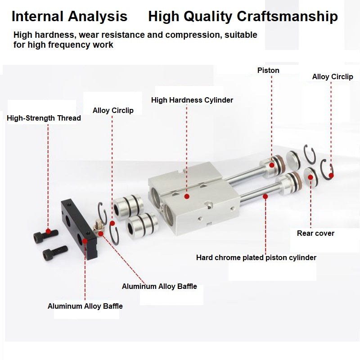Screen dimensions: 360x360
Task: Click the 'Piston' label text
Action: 268,70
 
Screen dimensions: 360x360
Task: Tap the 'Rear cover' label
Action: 315,233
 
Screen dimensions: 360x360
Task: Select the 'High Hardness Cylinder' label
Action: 192,100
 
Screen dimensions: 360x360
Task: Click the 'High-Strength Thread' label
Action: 44,118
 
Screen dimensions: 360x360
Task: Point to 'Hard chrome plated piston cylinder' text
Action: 256,257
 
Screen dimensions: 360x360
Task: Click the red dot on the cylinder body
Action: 187,196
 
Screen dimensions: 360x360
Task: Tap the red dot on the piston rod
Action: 265,197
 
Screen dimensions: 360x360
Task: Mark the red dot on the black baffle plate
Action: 85,241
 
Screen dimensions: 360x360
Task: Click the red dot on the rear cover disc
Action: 310,177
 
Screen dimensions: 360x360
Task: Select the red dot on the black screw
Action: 48,231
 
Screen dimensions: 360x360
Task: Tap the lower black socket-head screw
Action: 55,253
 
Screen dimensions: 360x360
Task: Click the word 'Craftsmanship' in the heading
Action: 287,17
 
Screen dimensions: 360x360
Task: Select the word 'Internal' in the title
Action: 37,16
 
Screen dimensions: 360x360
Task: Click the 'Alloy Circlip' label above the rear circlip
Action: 333,76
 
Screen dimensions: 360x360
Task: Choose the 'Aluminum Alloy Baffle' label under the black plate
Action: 85,306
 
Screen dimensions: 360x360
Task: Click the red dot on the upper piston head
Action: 272,165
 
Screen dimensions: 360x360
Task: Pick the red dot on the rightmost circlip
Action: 331,175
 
